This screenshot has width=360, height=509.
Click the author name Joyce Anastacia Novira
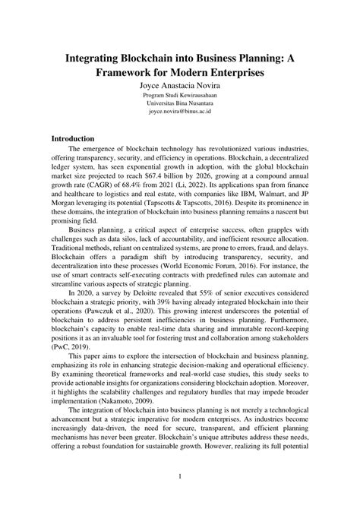click(180, 86)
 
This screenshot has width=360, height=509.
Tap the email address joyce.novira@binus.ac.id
click(180, 112)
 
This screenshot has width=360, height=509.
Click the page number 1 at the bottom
click(180, 476)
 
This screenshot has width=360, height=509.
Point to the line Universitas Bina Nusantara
click(180, 103)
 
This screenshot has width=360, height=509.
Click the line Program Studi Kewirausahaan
click(180, 95)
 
